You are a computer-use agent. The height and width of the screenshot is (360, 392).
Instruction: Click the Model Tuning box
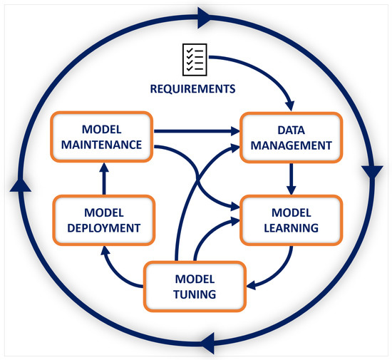tap(195, 287)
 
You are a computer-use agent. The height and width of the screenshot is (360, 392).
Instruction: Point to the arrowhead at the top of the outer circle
tap(202, 14)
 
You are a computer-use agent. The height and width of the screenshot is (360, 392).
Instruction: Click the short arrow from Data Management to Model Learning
tap(291, 178)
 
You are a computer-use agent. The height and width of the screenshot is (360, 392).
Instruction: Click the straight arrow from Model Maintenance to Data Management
tap(196, 131)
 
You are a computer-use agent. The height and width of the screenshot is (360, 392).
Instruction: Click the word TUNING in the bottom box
tap(195, 295)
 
